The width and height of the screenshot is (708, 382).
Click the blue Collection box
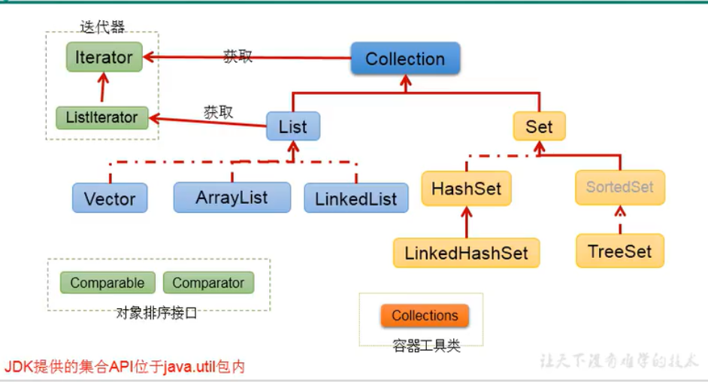pyautogui.click(x=405, y=59)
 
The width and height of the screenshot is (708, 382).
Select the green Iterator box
pyautogui.click(x=104, y=57)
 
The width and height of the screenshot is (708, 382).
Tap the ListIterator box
pyautogui.click(x=101, y=117)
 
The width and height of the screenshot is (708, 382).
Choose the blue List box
pyautogui.click(x=292, y=126)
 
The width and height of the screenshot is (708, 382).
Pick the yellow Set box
pyautogui.click(x=539, y=126)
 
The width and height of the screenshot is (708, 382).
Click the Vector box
pyautogui.click(x=110, y=199)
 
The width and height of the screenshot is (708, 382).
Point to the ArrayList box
pyautogui.click(x=231, y=198)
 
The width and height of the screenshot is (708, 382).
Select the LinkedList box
pyautogui.click(x=356, y=199)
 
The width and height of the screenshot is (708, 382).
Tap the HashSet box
pyautogui.click(x=466, y=189)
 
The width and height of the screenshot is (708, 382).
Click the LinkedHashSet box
pyautogui.click(x=466, y=253)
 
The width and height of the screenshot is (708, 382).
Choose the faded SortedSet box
pyautogui.click(x=620, y=186)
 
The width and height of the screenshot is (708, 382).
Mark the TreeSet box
pyautogui.click(x=620, y=251)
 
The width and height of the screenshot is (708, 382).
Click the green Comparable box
pyautogui.click(x=107, y=283)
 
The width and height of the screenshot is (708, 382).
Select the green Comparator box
pyautogui.click(x=208, y=283)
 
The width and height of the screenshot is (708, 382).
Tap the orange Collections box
pyautogui.click(x=425, y=316)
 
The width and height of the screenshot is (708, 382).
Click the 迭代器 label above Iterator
pyautogui.click(x=102, y=27)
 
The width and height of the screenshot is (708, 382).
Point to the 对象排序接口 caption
pyautogui.click(x=156, y=314)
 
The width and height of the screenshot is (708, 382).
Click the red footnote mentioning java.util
pyautogui.click(x=125, y=367)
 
